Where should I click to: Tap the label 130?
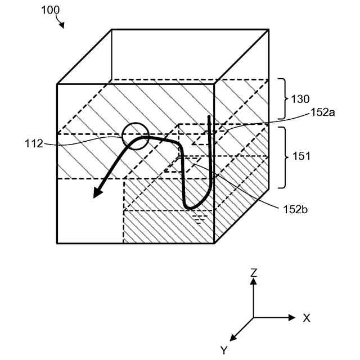tap(300, 99)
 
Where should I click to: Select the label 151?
tap(301, 157)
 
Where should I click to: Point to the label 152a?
tap(323, 112)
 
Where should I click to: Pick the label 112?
tap(34, 144)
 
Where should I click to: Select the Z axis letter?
tap(254, 273)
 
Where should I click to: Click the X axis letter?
tap(307, 318)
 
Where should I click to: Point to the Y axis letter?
tap(224, 350)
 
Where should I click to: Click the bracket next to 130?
tap(283, 99)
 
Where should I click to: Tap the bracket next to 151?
tap(283, 157)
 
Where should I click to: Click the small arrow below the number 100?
tap(61, 24)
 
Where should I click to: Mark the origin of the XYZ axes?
tap(254, 318)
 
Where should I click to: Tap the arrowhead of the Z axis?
tap(254, 282)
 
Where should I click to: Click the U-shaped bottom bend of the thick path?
tap(194, 205)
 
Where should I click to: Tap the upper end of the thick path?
tap(210, 117)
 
